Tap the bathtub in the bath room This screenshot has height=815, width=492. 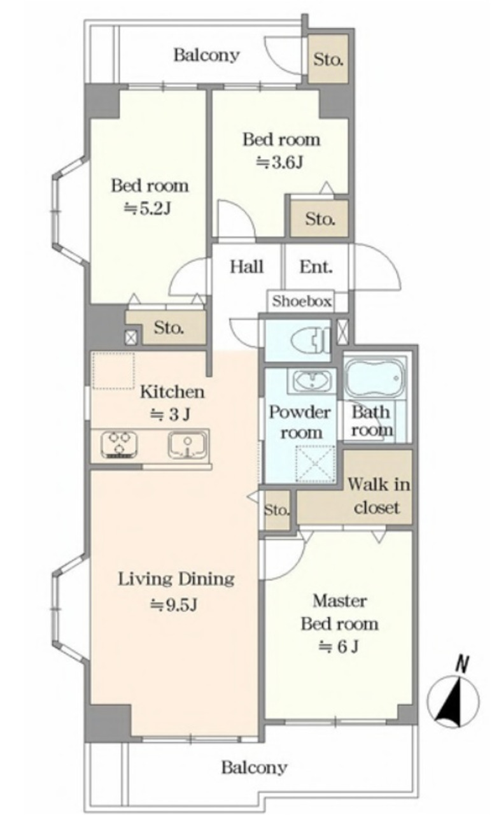tap(374, 378)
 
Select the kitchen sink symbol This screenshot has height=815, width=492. tap(187, 445)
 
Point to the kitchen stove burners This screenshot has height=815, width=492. tap(119, 444)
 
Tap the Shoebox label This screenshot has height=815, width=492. tap(302, 301)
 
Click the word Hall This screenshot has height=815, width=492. tap(246, 267)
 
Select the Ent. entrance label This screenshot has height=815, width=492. tap(316, 267)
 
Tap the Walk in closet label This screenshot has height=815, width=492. tap(378, 496)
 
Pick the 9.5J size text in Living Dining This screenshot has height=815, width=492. tap(174, 605)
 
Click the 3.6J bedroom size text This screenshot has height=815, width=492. tap(279, 162)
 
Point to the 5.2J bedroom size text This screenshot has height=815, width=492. tap(148, 209)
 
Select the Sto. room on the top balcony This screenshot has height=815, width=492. tap(328, 59)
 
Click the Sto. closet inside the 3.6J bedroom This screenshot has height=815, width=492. tap(320, 218)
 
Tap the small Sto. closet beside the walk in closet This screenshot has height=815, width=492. tap(277, 510)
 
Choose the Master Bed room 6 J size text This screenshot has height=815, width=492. tap(339, 647)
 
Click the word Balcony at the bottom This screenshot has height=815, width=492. tap(255, 768)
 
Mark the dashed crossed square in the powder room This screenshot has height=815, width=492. tap(315, 464)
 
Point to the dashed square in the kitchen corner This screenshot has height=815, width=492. tap(113, 371)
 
